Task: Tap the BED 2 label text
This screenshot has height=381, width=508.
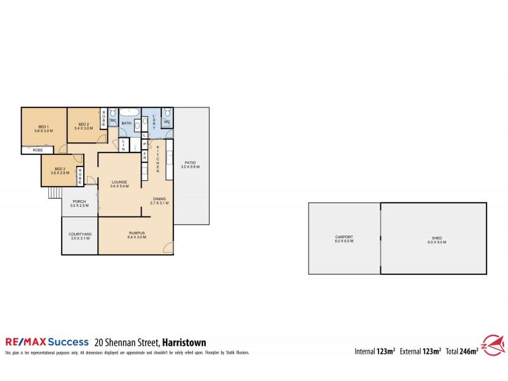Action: click(83, 126)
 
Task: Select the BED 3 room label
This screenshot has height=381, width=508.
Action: click(58, 170)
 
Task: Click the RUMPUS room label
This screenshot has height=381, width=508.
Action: click(137, 235)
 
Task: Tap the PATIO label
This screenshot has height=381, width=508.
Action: click(190, 164)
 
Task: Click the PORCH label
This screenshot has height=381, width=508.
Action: click(79, 204)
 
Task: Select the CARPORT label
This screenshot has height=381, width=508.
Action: click(344, 239)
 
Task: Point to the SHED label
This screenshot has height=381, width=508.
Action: click(437, 239)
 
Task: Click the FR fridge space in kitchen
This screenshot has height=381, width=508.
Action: click(145, 156)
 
